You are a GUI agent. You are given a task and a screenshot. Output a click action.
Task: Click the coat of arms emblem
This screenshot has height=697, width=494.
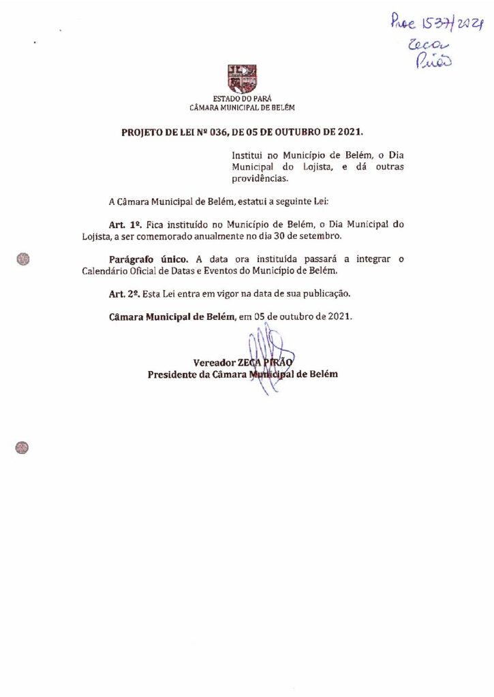[x=242, y=79]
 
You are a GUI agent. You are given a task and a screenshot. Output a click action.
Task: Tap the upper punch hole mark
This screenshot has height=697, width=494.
[x=23, y=259]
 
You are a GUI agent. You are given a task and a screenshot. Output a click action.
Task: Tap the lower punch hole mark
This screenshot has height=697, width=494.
[x=22, y=447]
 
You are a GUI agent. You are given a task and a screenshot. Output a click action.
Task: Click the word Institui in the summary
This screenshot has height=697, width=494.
[x=247, y=155]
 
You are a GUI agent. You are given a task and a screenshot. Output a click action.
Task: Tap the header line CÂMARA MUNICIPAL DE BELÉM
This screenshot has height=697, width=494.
[x=243, y=108]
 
